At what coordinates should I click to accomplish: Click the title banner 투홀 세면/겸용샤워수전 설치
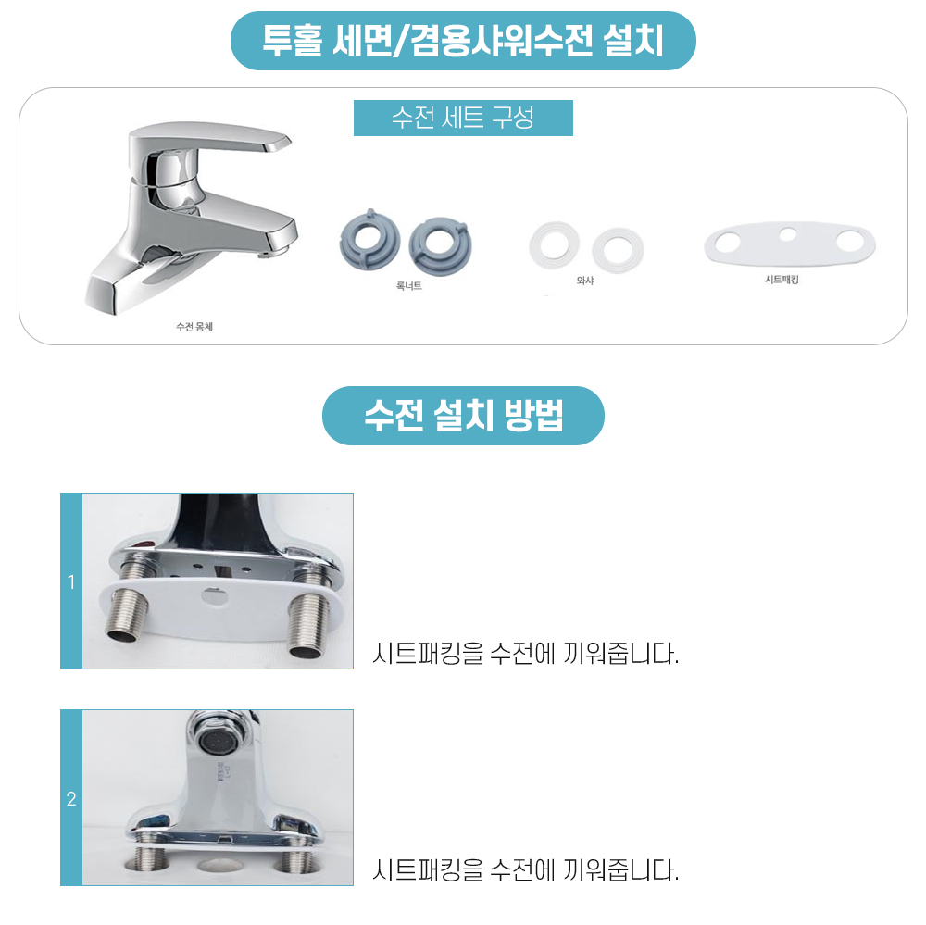(463, 41)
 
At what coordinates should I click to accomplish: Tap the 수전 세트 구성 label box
(463, 118)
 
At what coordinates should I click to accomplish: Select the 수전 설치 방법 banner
(463, 415)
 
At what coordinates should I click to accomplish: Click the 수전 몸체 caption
(194, 327)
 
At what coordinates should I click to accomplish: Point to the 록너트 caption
(408, 286)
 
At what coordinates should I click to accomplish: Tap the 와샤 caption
(585, 281)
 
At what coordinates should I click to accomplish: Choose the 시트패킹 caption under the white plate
(782, 280)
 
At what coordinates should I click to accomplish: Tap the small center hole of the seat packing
(788, 234)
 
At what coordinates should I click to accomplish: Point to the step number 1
(71, 582)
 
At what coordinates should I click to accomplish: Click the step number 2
(71, 799)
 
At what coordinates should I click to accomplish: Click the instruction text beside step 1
(526, 654)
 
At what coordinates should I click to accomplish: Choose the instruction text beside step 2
(526, 870)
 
